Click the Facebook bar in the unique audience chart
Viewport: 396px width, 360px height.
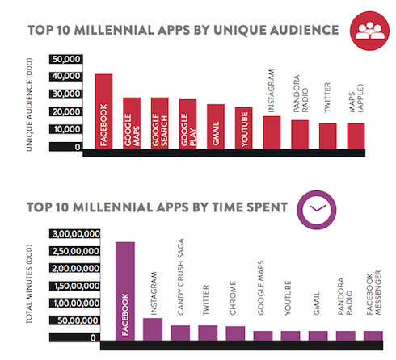pos(103,111)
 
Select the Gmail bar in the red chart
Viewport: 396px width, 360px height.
pos(216,127)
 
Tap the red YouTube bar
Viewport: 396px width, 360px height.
pos(243,128)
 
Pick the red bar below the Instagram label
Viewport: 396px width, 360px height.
pos(272,132)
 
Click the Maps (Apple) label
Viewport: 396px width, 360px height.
pos(356,98)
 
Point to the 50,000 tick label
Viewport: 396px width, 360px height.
pos(65,59)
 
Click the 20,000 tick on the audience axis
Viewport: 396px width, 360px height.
pos(65,111)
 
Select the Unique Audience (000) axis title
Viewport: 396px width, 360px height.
pos(29,105)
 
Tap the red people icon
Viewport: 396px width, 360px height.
pos(369,31)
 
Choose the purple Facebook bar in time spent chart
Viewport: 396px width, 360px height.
pos(125,291)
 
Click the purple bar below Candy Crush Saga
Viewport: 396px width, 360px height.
pos(180,333)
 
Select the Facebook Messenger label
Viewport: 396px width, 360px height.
pos(374,293)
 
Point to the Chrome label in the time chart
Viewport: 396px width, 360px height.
pos(233,298)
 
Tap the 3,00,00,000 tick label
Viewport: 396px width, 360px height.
pos(74,234)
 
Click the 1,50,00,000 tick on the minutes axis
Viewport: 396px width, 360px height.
pos(74,286)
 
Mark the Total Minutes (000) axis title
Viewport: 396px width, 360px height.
pos(29,284)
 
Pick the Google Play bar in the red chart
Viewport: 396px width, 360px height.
pos(187,124)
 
